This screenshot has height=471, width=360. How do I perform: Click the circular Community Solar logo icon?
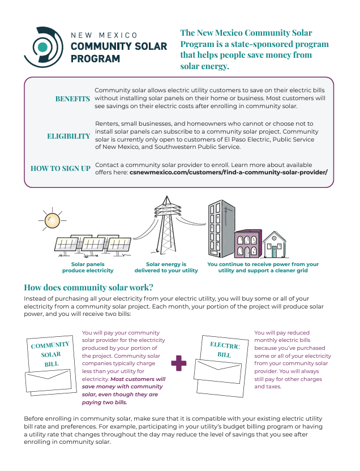coord(43,45)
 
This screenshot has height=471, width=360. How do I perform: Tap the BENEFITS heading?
coord(72,99)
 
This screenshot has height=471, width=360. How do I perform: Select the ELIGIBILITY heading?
coord(68,136)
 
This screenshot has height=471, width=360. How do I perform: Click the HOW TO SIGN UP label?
coord(61,168)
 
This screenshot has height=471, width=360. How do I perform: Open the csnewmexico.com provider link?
coord(229,172)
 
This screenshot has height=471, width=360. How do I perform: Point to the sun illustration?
coord(50,220)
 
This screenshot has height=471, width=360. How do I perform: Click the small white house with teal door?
coord(274,244)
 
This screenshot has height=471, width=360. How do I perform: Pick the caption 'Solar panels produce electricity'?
coord(88,268)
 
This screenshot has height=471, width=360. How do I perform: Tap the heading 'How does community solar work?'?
coord(88,287)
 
